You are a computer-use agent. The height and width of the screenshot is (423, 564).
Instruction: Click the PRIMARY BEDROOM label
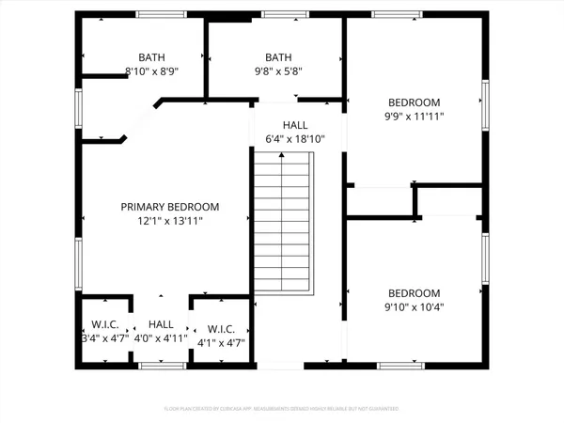[x=169, y=207]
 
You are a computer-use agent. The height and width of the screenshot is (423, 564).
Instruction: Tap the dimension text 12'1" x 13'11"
[x=169, y=222]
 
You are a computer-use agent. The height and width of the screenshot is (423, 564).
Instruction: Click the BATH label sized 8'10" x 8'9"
[x=150, y=57]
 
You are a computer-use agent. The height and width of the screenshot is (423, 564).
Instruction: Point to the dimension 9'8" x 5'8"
[x=278, y=71]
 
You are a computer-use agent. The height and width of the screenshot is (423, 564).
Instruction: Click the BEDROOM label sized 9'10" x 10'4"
[x=415, y=293]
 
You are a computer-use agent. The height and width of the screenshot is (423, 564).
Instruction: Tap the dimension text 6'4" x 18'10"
[x=294, y=140]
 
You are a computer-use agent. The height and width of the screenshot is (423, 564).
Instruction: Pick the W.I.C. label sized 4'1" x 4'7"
[x=221, y=329]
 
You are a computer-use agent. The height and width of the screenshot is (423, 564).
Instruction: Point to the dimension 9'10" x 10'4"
[x=415, y=307]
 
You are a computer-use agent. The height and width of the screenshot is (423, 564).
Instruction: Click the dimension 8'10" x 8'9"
[x=150, y=71]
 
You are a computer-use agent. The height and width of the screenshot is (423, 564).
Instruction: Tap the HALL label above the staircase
[x=294, y=125]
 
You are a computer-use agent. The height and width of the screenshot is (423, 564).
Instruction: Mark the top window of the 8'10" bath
[x=156, y=14]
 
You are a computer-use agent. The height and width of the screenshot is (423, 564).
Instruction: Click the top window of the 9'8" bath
[x=276, y=14]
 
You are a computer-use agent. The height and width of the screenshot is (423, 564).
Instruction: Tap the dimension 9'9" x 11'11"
[x=415, y=117]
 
